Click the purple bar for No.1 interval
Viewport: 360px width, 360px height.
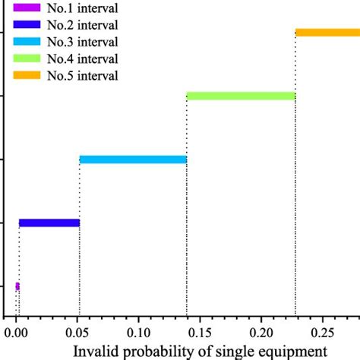17,286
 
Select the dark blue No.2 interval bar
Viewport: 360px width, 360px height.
49,223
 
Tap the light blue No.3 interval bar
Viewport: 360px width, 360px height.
133,159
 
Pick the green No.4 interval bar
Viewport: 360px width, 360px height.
241,96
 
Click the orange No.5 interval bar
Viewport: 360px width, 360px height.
327,33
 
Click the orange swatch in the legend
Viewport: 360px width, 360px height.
28,75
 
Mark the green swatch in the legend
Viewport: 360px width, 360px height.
28,58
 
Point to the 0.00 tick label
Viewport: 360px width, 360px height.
16,333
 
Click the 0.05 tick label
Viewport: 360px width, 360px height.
77,333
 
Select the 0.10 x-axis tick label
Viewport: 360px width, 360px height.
139,333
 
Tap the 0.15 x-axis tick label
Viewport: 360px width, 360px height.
201,333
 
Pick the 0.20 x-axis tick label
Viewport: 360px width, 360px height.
262,333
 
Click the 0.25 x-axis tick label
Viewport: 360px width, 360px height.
324,333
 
